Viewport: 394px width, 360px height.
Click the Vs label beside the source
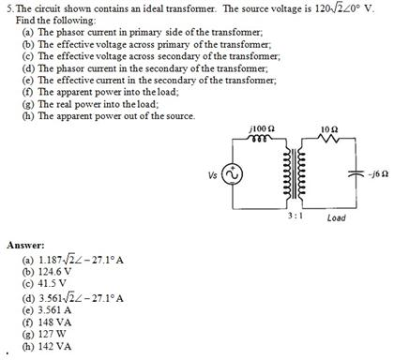coord(212,173)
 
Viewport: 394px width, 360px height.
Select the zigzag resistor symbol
coord(326,138)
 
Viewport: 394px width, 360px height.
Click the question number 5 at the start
coord(7,8)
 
